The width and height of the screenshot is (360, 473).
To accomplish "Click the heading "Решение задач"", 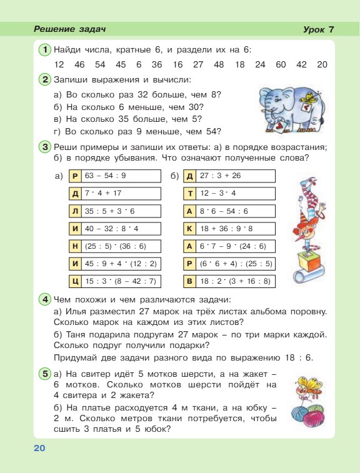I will click(x=70, y=29).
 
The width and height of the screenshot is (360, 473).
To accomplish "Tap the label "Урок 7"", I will click(x=319, y=29).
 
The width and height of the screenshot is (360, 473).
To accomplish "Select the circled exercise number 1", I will click(x=45, y=49).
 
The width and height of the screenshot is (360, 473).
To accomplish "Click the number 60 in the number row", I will click(x=281, y=64).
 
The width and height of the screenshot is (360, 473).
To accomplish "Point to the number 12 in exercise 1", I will click(x=59, y=64).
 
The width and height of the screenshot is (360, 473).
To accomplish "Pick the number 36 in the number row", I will click(x=157, y=64).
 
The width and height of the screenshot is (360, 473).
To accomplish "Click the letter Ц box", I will click(x=76, y=281).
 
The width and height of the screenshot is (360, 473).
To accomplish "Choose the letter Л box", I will click(x=76, y=211).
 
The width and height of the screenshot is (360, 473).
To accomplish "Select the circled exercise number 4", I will click(x=45, y=299).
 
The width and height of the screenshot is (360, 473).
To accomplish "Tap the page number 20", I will click(x=39, y=449).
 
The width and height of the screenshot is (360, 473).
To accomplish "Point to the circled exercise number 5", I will click(x=45, y=374).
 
